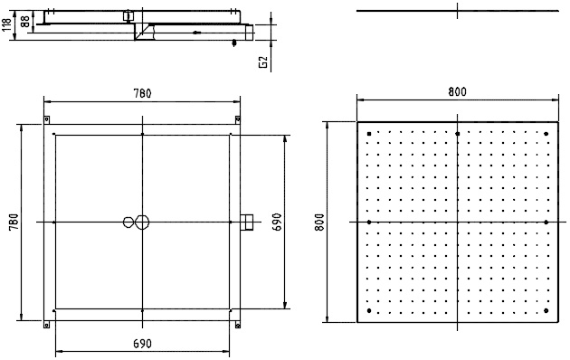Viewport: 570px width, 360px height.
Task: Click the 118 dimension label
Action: pyautogui.click(x=7, y=24)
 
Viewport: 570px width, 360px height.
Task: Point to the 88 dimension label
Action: pyautogui.click(x=25, y=22)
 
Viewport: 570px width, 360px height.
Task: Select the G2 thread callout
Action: pyautogui.click(x=263, y=62)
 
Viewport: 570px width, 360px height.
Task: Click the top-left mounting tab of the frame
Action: pyautogui.click(x=46, y=119)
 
